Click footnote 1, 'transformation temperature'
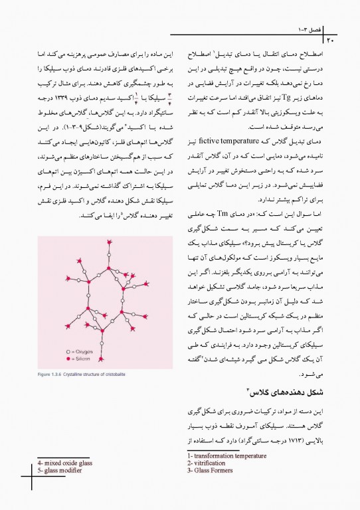pos(226,456)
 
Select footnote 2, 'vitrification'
pos(209,464)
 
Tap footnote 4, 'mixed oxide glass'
pos(64,463)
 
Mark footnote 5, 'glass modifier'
pos(60,471)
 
